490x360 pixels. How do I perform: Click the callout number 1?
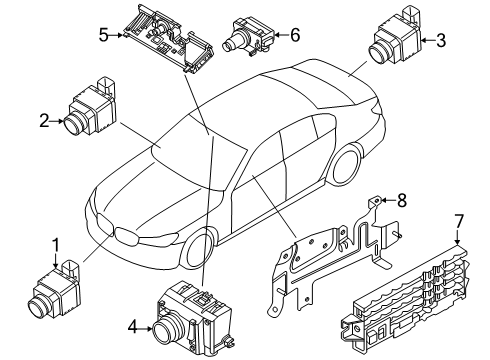pyautogui.click(x=57, y=245)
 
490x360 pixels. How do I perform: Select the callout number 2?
pyautogui.click(x=44, y=121)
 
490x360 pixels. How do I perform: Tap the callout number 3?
pyautogui.click(x=440, y=40)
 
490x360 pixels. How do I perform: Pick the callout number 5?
pyautogui.click(x=103, y=35)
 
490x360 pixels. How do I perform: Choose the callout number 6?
pyautogui.click(x=295, y=34)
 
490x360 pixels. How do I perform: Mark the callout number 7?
pyautogui.click(x=459, y=221)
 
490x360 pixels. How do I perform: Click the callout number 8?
pyautogui.click(x=402, y=200)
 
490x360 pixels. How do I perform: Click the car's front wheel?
pyautogui.click(x=199, y=248)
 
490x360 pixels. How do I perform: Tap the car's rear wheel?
pyautogui.click(x=346, y=164)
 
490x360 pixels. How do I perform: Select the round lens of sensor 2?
pyautogui.click(x=74, y=124)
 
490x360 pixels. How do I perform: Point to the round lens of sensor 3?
pyautogui.click(x=380, y=52)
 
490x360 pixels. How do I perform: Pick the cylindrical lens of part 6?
pyautogui.click(x=232, y=43)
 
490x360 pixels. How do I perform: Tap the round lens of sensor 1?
pyautogui.click(x=38, y=306)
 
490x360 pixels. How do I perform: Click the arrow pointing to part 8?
pyautogui.click(x=388, y=200)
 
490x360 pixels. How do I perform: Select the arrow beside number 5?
pyautogui.click(x=117, y=34)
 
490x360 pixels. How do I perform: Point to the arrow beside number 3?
pyautogui.click(x=427, y=40)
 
